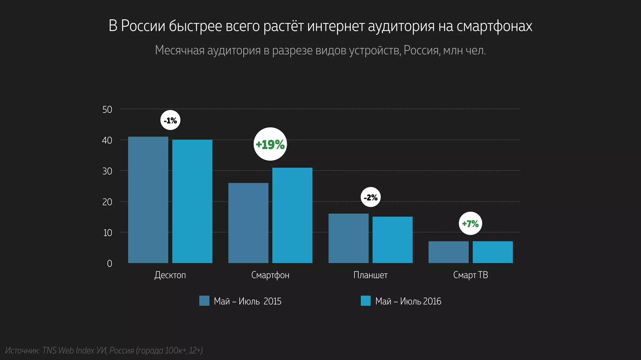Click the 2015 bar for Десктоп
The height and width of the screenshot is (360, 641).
coord(148,200)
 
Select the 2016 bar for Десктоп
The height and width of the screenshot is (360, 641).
coord(192,202)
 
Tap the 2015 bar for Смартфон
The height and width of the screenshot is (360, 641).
coord(248,223)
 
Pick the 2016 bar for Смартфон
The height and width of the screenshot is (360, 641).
coord(292,216)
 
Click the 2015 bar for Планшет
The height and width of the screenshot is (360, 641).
coord(348,238)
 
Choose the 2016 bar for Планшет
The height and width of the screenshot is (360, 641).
coord(392,240)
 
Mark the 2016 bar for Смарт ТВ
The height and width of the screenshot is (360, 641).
coord(493,252)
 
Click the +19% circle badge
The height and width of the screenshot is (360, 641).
coord(270,144)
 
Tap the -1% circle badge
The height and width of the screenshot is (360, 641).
coord(170,120)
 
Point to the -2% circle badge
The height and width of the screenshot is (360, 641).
coord(371,197)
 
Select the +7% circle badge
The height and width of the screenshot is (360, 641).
coord(470,224)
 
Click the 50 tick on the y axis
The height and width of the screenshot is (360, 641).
coord(107,110)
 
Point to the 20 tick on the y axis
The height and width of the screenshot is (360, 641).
coord(107,202)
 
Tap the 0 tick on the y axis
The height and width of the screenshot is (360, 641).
coord(110,264)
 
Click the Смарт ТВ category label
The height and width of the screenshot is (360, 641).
coord(470,275)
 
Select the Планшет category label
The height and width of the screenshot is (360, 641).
coord(370,275)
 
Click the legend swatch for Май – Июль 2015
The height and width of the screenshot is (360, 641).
coord(204,301)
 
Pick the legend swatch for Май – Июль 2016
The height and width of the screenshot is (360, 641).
coord(366,301)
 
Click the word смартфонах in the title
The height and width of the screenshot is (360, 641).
coord(494,26)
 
